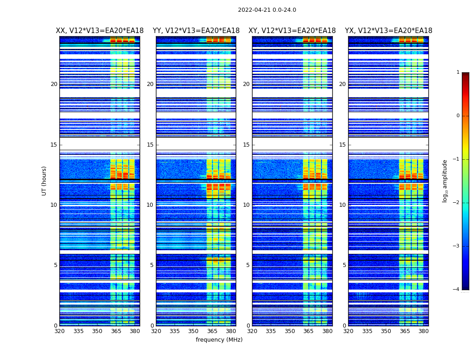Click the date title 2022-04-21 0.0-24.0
[267, 10]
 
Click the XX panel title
[100, 31]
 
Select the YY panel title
[196, 31]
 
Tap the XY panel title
[292, 31]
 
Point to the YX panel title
[389, 31]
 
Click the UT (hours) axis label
[44, 181]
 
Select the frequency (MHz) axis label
[219, 340]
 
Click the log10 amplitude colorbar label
[445, 181]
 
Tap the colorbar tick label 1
[458, 72]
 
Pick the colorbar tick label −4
[457, 290]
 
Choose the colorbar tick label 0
[458, 116]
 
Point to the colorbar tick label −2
[457, 203]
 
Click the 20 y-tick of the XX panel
[54, 84]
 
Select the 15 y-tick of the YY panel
[150, 145]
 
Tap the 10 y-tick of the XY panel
[246, 205]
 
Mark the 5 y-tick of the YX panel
[344, 265]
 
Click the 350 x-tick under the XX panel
[97, 331]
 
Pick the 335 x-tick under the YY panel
[175, 331]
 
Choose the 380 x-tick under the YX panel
[423, 331]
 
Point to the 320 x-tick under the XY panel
[252, 331]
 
